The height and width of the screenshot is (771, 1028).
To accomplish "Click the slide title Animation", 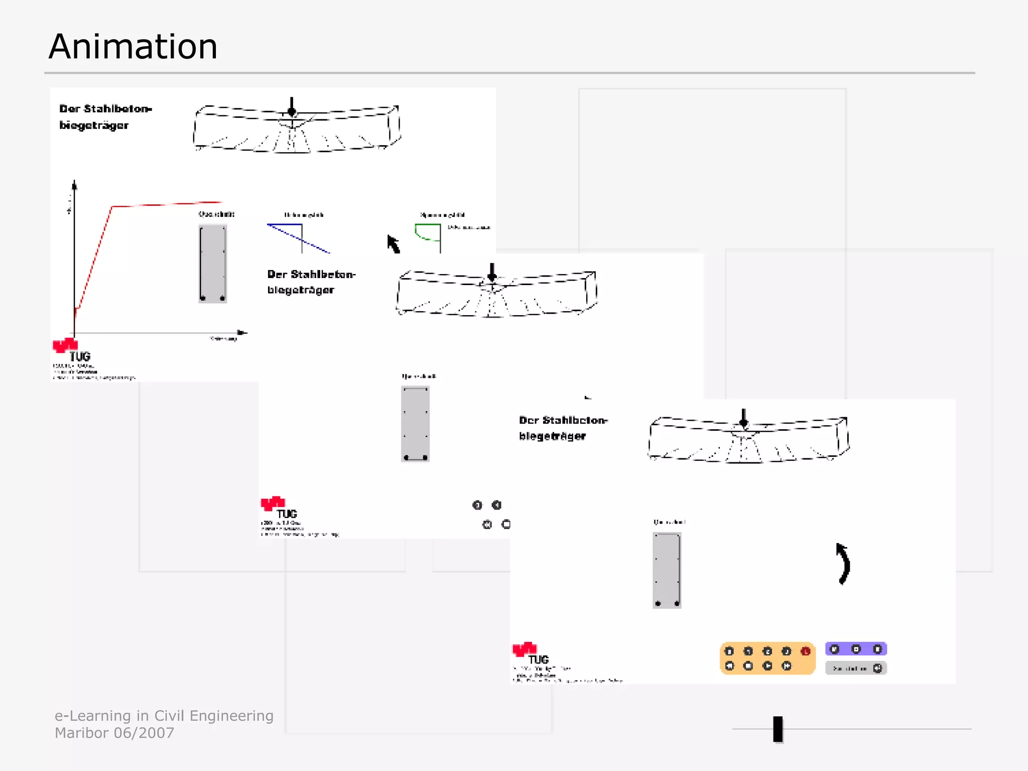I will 133,47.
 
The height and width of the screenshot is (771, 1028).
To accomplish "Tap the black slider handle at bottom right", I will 778,729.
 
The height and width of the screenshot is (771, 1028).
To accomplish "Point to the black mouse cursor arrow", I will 393,244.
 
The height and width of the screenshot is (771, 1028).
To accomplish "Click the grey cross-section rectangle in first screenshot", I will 213,264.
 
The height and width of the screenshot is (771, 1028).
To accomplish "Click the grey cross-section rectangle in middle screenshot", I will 415,424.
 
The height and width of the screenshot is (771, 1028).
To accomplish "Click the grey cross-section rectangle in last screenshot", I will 667,570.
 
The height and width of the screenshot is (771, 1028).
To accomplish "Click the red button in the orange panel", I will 806,652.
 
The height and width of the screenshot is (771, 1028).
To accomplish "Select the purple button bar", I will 856,649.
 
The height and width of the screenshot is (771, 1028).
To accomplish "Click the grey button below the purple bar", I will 856,668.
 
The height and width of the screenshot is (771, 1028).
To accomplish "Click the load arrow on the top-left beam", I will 292,106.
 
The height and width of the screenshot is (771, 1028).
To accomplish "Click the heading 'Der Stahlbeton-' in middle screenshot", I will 311,275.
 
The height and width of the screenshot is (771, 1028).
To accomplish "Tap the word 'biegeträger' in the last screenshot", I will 552,436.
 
